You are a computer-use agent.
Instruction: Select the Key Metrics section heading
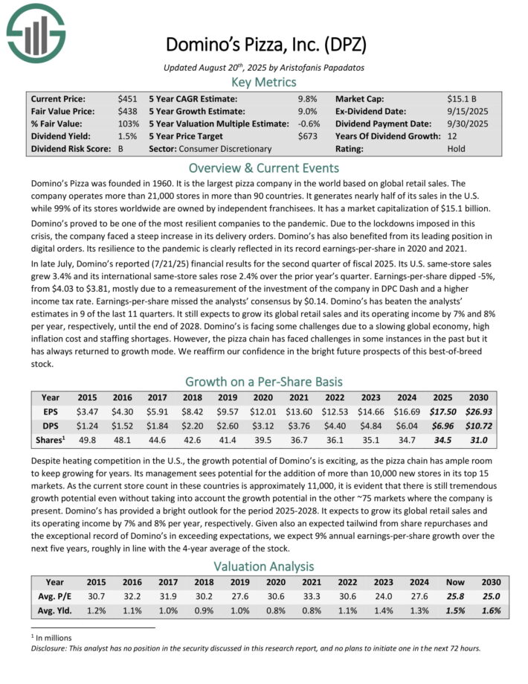pos(263,82)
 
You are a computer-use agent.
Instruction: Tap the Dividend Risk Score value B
pos(121,149)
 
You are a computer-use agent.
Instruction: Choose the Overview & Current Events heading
pos(263,167)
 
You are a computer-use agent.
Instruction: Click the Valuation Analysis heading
pos(263,566)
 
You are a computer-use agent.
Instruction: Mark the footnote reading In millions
pos(49,638)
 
